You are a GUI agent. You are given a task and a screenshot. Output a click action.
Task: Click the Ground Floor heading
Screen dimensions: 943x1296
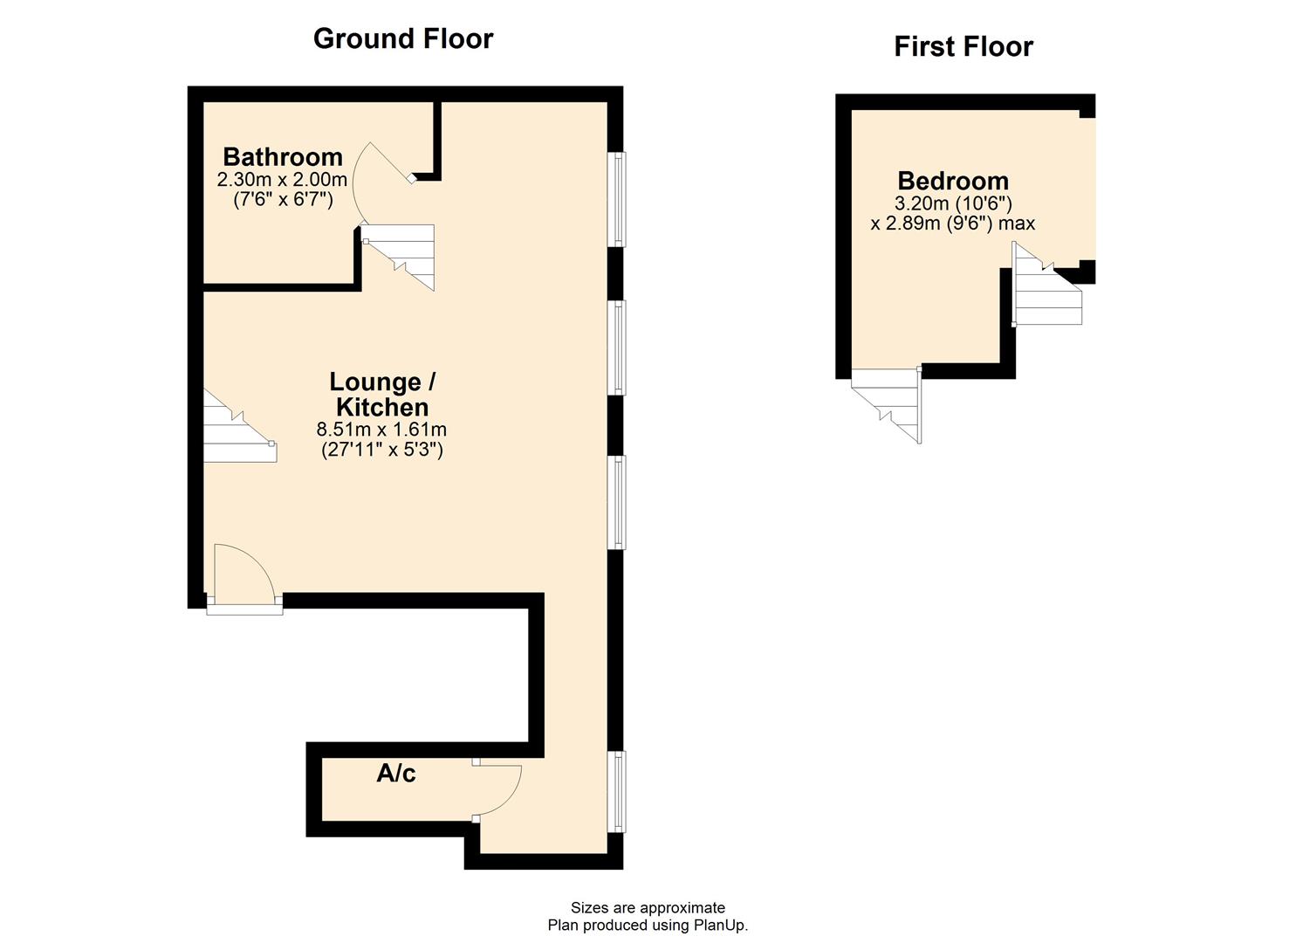402,39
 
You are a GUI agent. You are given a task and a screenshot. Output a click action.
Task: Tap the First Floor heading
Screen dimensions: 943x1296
963,46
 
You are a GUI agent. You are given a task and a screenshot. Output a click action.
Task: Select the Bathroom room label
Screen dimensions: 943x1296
283,157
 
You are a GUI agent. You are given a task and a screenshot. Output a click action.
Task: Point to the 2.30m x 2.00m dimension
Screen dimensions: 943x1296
282,180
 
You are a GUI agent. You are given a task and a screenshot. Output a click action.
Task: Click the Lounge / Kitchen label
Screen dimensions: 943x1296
382,395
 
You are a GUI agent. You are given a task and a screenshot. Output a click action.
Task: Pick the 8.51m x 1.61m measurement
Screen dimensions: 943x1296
381,430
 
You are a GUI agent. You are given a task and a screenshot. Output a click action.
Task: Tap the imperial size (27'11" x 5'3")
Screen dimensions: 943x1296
381,450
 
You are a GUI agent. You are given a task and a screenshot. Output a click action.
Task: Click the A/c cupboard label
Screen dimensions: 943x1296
395,773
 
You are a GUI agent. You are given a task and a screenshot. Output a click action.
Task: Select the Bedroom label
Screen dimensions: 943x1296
953,181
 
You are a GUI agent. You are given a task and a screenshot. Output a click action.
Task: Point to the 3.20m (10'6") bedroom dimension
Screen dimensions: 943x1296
953,203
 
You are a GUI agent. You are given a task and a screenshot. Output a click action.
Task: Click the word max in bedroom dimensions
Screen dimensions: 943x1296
1018,224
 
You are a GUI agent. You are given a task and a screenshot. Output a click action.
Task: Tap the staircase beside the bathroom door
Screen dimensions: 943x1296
400,256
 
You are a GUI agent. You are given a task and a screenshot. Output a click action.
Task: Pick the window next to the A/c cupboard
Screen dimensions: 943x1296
617,791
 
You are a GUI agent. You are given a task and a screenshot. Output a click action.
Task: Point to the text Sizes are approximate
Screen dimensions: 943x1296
648,908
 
